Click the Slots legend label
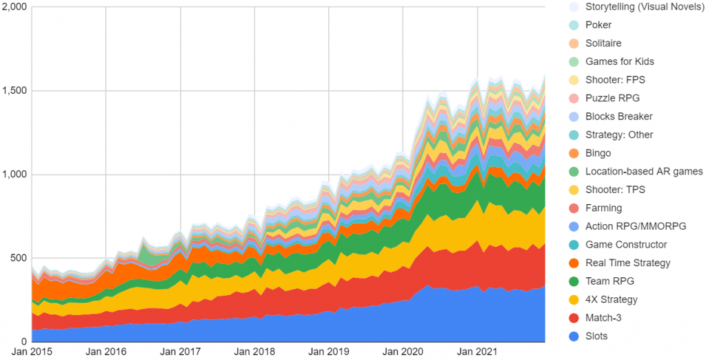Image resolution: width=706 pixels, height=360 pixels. pyautogui.click(x=598, y=336)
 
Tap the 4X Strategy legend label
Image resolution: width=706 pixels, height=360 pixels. pyautogui.click(x=612, y=299)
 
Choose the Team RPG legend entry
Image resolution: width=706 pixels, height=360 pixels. pyautogui.click(x=609, y=281)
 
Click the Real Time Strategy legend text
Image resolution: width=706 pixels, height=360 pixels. pyautogui.click(x=627, y=263)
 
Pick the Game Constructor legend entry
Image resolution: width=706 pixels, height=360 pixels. pyautogui.click(x=626, y=244)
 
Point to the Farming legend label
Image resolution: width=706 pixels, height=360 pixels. pyautogui.click(x=603, y=208)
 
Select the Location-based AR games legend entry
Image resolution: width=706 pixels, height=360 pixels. pyautogui.click(x=644, y=171)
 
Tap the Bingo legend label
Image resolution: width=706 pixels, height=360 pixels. pyautogui.click(x=598, y=153)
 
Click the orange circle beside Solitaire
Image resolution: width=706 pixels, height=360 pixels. pyautogui.click(x=574, y=43)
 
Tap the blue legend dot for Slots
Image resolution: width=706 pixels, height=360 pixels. pyautogui.click(x=574, y=336)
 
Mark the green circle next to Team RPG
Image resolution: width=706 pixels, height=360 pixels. pyautogui.click(x=574, y=281)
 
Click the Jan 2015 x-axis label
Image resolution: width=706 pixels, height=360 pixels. pyautogui.click(x=32, y=352)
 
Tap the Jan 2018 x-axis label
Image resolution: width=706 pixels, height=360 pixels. pyautogui.click(x=254, y=352)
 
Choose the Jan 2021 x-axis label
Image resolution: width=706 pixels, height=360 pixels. pyautogui.click(x=477, y=352)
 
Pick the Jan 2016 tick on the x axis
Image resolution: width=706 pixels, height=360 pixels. pyautogui.click(x=106, y=352)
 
